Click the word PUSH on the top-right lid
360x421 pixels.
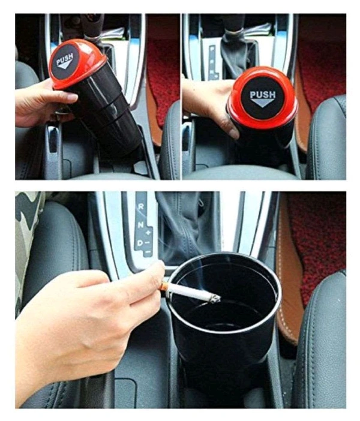click(262, 95)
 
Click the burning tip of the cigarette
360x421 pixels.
click(214, 297)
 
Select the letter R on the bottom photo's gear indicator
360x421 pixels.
click(141, 206)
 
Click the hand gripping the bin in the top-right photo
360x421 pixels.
click(207, 102)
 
